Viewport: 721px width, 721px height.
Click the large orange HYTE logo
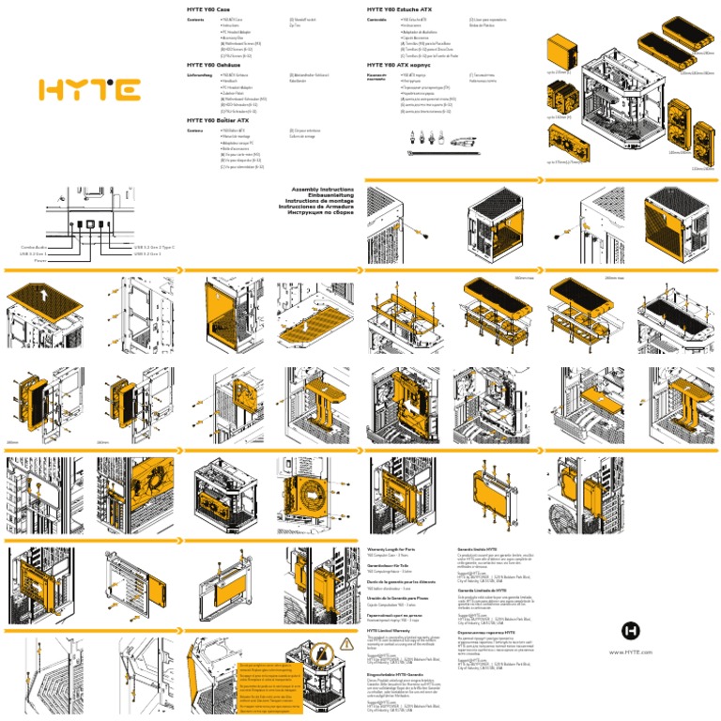89,90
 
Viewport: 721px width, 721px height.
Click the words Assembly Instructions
323,189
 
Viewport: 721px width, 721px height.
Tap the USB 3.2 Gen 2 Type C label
154,247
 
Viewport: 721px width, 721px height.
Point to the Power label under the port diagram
38,260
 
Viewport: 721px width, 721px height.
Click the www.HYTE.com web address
631,625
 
